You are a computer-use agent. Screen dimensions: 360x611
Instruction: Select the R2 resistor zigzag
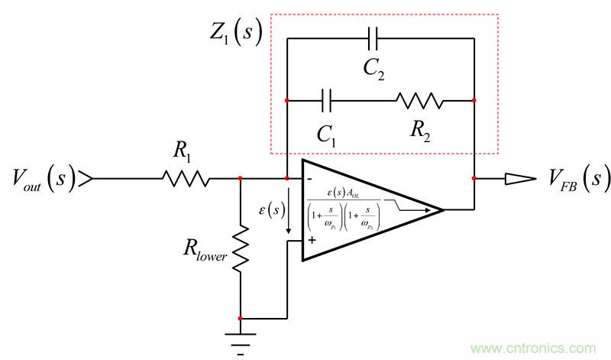(x=419, y=100)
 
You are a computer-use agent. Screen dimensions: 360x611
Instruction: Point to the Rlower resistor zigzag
(x=241, y=247)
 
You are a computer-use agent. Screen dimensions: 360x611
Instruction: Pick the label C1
(x=327, y=135)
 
